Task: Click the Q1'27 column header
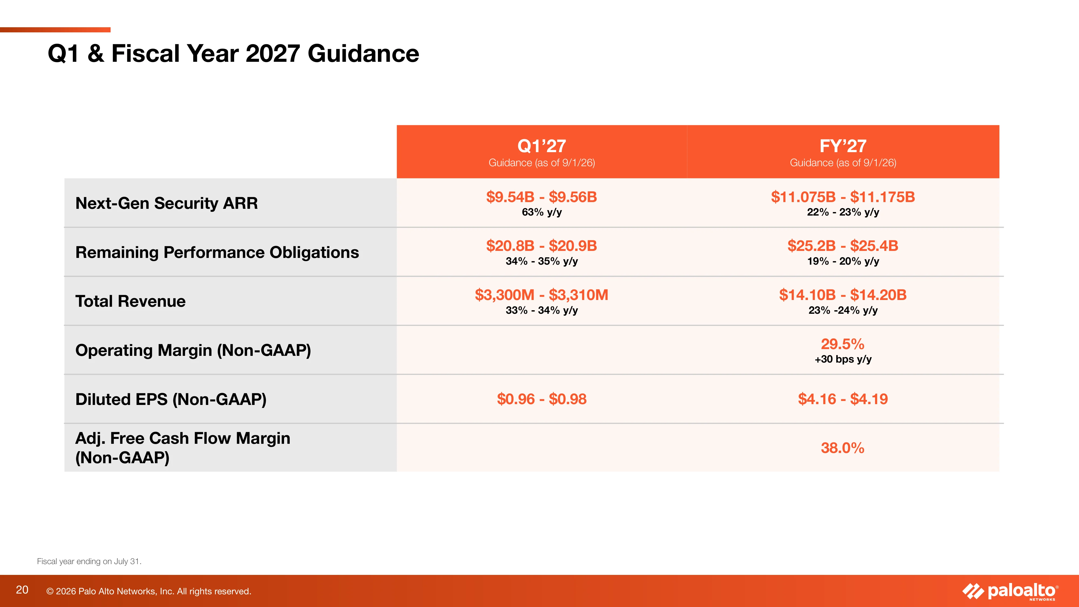542,146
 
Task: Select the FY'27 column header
843,146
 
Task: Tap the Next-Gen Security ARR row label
166,203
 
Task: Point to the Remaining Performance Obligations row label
217,252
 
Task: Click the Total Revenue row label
130,301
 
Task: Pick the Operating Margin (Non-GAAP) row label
193,350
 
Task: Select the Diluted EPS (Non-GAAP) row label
171,399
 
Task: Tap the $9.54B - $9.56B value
542,197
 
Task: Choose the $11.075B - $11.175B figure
843,197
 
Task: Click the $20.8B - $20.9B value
542,246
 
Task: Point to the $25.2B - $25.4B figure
843,246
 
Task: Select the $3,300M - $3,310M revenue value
542,295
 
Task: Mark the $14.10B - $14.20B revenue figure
843,295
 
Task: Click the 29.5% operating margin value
843,344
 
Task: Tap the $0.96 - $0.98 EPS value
542,399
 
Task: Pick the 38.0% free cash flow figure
843,448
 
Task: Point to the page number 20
22,590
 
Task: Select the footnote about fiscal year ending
89,561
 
